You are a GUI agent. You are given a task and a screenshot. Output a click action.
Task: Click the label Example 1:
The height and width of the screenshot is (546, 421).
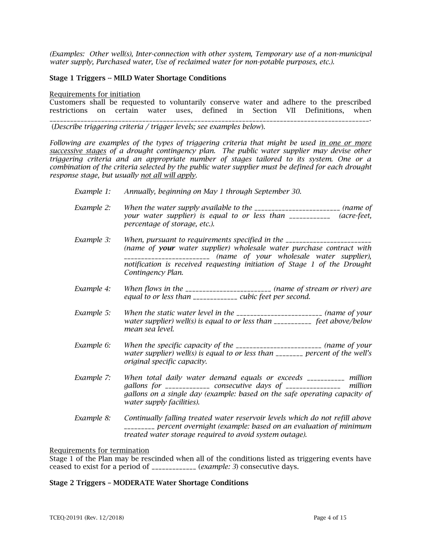point(92,192)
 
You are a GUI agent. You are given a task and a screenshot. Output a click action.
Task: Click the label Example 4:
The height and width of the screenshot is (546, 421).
point(92,289)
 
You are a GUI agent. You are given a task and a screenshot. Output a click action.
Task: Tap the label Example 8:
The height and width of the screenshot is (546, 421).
point(92,418)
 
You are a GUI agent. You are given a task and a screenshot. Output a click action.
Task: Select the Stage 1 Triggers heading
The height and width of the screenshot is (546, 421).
point(137,78)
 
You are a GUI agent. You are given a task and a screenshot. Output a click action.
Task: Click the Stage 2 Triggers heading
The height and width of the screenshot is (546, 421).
point(148,483)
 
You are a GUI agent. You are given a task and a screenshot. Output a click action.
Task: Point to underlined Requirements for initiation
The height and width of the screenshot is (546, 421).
point(95,94)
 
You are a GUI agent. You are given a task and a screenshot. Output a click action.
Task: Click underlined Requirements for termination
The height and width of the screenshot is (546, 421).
point(99,450)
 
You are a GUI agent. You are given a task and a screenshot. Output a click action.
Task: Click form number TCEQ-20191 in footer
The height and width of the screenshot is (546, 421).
point(86,518)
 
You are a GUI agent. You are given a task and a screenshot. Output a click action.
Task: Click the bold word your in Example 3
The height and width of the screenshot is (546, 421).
point(167,248)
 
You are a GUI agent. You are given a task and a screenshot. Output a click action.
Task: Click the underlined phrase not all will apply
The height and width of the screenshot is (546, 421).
point(168,175)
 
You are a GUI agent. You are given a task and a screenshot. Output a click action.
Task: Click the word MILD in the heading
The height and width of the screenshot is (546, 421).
point(124,78)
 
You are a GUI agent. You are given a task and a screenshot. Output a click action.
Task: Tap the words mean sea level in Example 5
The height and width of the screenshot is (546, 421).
point(149,329)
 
